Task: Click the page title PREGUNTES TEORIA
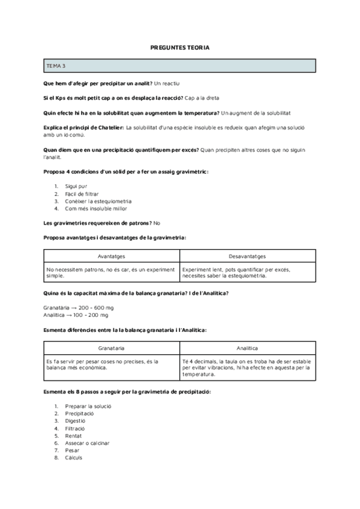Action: point(179,47)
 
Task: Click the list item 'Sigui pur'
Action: point(76,187)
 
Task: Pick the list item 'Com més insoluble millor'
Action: point(96,208)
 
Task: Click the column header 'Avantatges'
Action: point(111,256)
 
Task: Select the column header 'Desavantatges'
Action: point(247,256)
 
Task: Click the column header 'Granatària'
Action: point(111,348)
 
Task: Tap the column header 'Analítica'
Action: point(247,348)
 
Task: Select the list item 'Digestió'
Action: point(77,421)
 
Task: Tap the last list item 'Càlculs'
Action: point(74,457)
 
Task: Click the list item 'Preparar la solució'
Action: point(88,406)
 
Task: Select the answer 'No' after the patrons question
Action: point(157,223)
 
